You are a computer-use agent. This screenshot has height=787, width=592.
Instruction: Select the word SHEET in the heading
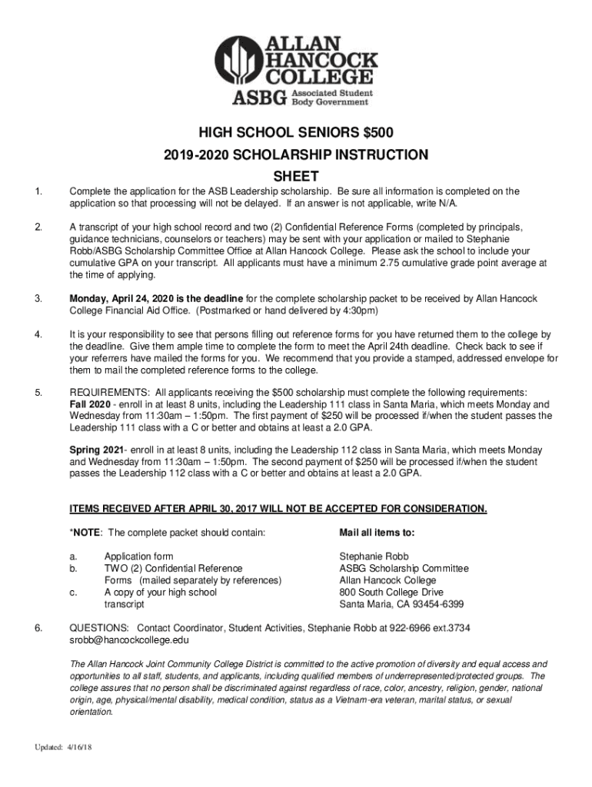[296, 176]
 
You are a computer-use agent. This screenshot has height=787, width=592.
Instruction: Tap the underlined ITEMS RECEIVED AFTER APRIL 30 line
[278, 509]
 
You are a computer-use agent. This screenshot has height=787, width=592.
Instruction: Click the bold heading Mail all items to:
[377, 532]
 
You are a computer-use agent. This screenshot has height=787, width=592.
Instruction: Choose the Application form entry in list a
[138, 556]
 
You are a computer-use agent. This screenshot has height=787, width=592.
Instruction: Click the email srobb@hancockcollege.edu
[129, 639]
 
